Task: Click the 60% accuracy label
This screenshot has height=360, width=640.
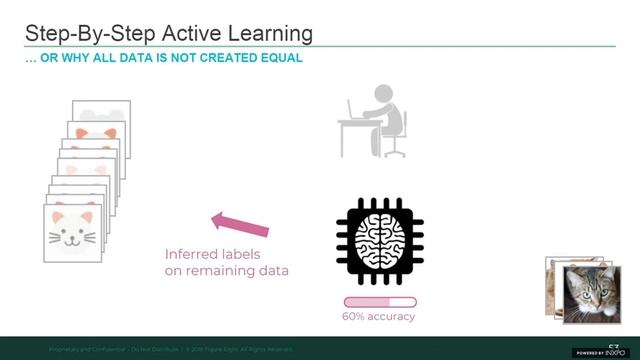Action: pos(378,317)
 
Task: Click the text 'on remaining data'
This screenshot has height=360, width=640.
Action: pos(227,271)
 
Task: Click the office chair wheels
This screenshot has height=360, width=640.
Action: pos(396,154)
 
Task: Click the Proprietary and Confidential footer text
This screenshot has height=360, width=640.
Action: pos(86,349)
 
